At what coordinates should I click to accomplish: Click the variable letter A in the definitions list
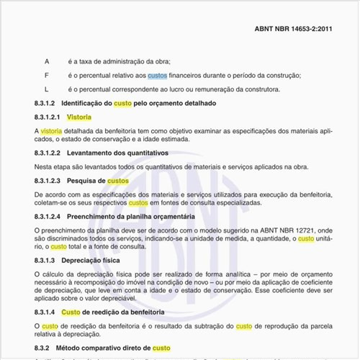pyautogui.click(x=47, y=62)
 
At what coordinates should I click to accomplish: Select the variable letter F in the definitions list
pyautogui.click(x=47, y=76)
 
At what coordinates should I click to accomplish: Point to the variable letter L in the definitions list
pyautogui.click(x=47, y=89)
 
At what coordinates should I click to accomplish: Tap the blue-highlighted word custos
pyautogui.click(x=157, y=76)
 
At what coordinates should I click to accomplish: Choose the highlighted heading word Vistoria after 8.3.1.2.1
pyautogui.click(x=78, y=117)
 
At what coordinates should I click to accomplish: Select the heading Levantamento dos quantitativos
pyautogui.click(x=117, y=153)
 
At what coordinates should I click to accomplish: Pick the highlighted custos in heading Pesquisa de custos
pyautogui.click(x=118, y=181)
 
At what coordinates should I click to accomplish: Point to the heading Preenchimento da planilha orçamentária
pyautogui.click(x=131, y=217)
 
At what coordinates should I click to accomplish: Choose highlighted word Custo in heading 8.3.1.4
pyautogui.click(x=71, y=312)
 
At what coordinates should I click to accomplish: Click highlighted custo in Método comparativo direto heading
pyautogui.click(x=161, y=348)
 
